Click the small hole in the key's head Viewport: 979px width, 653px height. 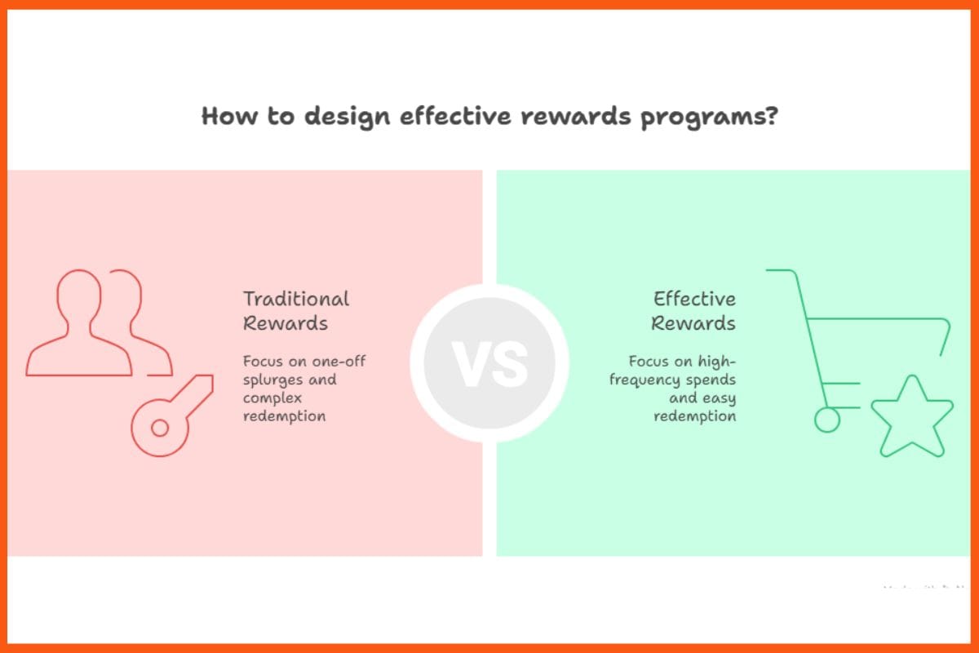point(160,427)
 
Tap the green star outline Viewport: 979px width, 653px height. point(911,418)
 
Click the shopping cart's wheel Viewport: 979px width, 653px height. point(826,420)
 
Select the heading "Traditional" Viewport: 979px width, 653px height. point(295,299)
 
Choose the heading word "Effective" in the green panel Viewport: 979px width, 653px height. point(694,299)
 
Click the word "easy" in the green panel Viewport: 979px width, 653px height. point(719,398)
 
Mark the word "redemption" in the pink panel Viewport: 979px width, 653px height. point(284,416)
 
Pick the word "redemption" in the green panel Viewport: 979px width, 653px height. point(694,416)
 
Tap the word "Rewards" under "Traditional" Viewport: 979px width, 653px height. point(286,323)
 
